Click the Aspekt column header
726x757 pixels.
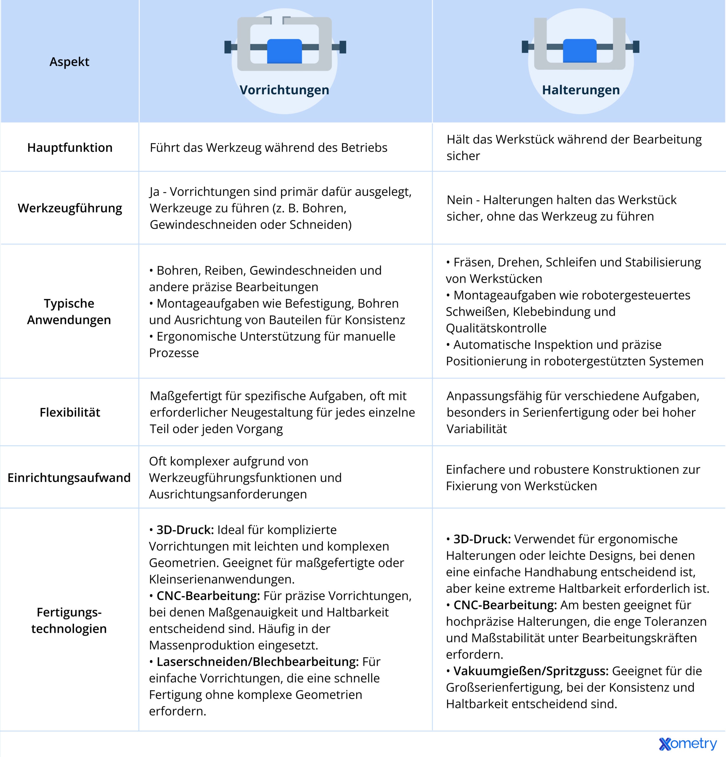pyautogui.click(x=69, y=62)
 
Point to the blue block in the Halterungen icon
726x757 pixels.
pyautogui.click(x=580, y=51)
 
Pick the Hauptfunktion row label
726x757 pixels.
pyautogui.click(x=69, y=148)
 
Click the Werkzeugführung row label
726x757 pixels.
pyautogui.click(x=69, y=208)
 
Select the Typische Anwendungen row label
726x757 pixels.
pyautogui.click(x=69, y=312)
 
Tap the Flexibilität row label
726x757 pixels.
pyautogui.click(x=69, y=413)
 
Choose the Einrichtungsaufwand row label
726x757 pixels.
pyautogui.click(x=69, y=478)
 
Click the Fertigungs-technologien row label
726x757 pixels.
pyautogui.click(x=69, y=620)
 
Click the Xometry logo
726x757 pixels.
pyautogui.click(x=687, y=744)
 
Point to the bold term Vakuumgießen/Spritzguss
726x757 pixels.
pyautogui.click(x=531, y=671)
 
